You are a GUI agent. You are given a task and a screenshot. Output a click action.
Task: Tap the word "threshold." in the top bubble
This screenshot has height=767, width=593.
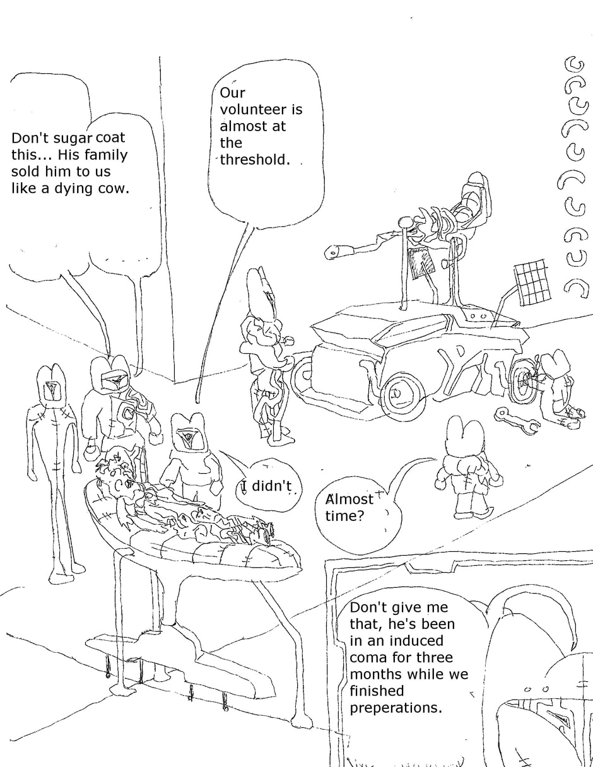click(x=255, y=160)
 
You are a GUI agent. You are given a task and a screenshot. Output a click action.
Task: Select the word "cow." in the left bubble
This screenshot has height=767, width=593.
click(x=114, y=188)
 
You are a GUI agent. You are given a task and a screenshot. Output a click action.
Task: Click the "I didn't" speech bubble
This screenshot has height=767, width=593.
click(x=267, y=486)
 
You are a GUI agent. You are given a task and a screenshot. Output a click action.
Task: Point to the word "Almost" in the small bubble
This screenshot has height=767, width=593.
click(x=349, y=499)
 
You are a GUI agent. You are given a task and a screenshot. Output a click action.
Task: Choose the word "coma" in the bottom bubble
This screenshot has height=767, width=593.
click(x=370, y=657)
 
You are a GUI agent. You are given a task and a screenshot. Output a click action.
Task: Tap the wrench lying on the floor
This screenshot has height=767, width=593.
click(x=516, y=421)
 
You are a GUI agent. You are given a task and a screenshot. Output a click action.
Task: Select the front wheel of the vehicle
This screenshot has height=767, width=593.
click(x=402, y=395)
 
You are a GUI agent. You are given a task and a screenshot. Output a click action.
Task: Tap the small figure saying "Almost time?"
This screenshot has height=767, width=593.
click(x=467, y=467)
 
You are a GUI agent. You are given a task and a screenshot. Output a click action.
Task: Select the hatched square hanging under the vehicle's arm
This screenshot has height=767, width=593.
click(x=421, y=263)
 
